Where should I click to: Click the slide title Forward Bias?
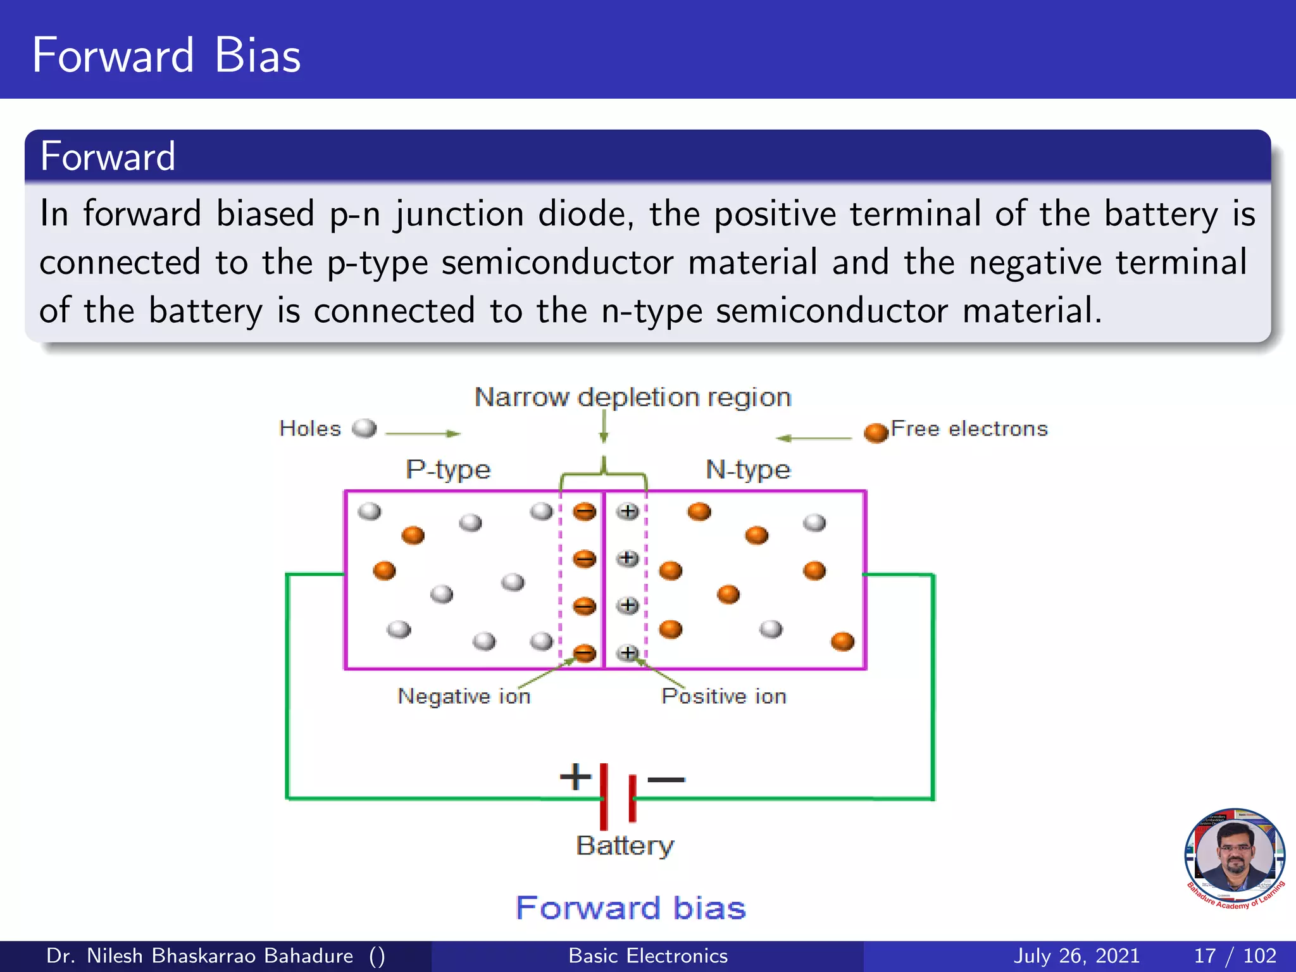pyautogui.click(x=166, y=56)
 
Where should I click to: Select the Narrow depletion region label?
pyautogui.click(x=633, y=397)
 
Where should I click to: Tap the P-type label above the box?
pyautogui.click(x=448, y=470)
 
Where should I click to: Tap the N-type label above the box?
pyautogui.click(x=748, y=470)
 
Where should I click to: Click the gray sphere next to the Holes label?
pyautogui.click(x=364, y=428)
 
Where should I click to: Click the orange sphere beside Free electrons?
pyautogui.click(x=876, y=432)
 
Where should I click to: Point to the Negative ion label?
pyautogui.click(x=464, y=696)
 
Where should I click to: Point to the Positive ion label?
pyautogui.click(x=724, y=696)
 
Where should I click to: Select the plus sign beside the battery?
pyautogui.click(x=575, y=776)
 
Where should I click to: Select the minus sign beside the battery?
pyautogui.click(x=666, y=779)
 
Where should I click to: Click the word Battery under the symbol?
pyautogui.click(x=625, y=845)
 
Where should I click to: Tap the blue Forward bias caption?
pyautogui.click(x=631, y=907)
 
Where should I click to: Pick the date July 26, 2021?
pyautogui.click(x=1076, y=956)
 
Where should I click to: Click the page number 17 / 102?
pyautogui.click(x=1235, y=956)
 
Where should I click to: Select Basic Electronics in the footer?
pyautogui.click(x=648, y=956)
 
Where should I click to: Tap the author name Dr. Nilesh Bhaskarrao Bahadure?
pyautogui.click(x=200, y=956)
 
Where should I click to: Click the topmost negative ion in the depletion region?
pyautogui.click(x=584, y=511)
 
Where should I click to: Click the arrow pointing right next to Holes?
pyautogui.click(x=422, y=433)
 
